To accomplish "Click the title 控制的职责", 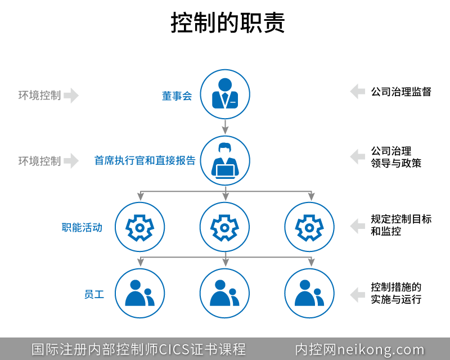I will [228, 24].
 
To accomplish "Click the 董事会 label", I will [177, 96].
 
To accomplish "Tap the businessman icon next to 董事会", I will [224, 94].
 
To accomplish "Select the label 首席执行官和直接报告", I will [145, 161].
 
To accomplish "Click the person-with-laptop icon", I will [224, 160].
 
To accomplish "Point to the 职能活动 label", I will [82, 227].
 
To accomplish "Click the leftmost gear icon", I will [139, 227].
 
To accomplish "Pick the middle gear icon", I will [224, 227].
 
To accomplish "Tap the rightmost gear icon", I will [309, 227].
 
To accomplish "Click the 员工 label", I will [94, 294].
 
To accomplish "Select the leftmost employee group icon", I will [139, 293].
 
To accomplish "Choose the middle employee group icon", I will [224, 293].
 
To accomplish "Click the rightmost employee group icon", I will [309, 293].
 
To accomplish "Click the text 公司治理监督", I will [401, 92].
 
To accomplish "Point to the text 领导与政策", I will [396, 163].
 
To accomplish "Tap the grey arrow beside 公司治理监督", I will [357, 92].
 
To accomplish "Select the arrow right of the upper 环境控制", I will [71, 96].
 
